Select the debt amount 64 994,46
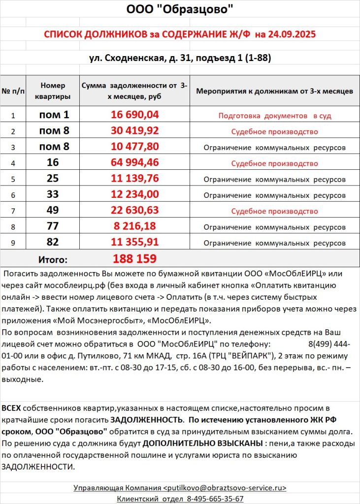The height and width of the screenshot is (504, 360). [x=134, y=163]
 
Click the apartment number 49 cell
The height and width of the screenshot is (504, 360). [x=53, y=210]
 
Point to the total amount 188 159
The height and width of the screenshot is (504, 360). [x=134, y=258]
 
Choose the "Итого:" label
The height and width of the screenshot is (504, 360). [x=53, y=259]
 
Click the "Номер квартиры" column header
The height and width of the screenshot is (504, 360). [x=53, y=91]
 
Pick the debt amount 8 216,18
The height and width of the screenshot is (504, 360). [x=134, y=226]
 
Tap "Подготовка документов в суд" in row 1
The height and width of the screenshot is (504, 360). [x=274, y=116]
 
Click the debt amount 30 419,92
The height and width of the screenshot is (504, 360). [x=134, y=131]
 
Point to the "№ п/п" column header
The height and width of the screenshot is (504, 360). [x=13, y=91]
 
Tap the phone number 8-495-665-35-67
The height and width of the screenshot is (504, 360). [x=214, y=499]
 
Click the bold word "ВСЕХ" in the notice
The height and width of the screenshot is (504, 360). [x=11, y=409]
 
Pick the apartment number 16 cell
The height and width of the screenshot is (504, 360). [x=53, y=163]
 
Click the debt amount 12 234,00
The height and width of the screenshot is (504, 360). [x=134, y=194]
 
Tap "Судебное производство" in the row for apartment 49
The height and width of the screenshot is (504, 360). [x=274, y=210]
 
